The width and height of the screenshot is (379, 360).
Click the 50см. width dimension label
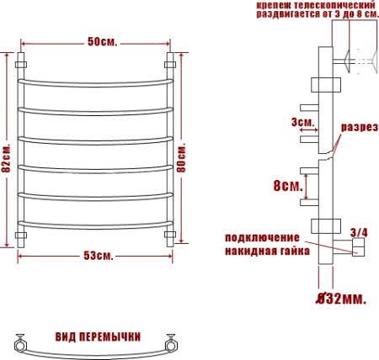(100, 43)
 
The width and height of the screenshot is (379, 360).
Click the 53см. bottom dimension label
(99, 256)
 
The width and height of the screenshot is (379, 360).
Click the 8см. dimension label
(287, 186)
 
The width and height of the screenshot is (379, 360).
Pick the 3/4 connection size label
(358, 231)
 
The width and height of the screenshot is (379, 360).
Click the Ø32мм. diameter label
(340, 299)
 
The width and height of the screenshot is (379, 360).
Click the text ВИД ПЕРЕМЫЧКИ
(98, 336)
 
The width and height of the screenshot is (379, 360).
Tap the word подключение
(267, 237)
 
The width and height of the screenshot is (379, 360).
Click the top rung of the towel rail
(98, 82)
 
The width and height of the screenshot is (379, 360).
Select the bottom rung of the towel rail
(98, 224)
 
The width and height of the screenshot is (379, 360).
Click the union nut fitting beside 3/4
(357, 246)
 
